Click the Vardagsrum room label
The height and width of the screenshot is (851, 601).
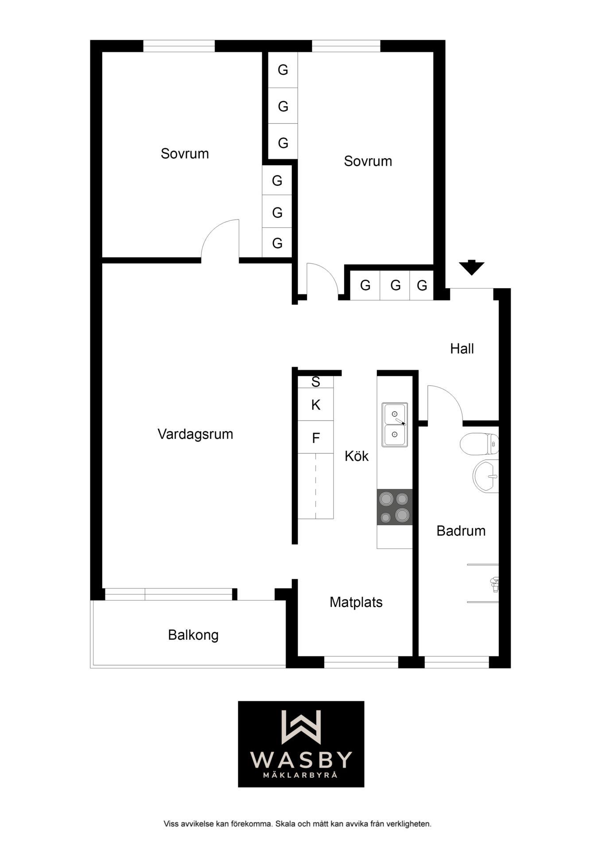195,434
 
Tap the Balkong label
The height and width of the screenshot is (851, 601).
193,635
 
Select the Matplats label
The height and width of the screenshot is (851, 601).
356,602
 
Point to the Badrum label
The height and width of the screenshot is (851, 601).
461,531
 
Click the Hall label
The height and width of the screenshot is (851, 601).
462,348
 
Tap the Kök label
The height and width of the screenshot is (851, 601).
357,456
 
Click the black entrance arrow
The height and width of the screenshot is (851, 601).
471,267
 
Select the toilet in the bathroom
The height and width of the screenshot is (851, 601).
479,444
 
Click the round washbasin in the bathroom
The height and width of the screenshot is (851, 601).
486,476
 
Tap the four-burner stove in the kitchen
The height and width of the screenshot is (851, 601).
395,507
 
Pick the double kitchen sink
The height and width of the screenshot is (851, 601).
395,425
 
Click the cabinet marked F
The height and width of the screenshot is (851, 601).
315,437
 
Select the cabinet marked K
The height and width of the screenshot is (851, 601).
315,404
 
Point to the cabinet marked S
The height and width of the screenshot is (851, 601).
315,382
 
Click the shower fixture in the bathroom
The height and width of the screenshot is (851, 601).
495,585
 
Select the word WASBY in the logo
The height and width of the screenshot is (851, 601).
301,760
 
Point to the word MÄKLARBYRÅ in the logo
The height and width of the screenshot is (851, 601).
301,775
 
